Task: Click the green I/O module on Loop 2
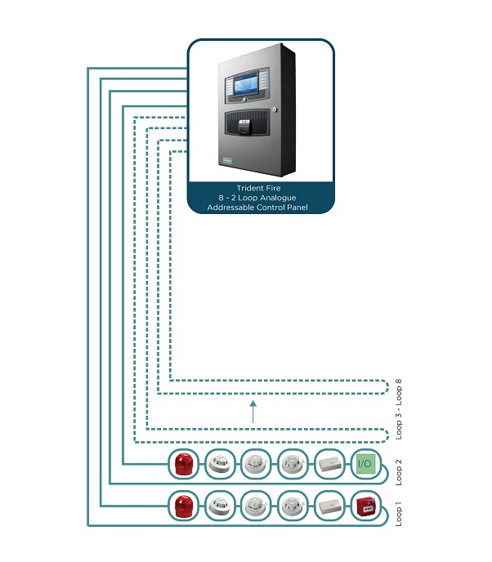pyautogui.click(x=365, y=464)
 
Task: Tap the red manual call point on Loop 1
pyautogui.click(x=365, y=506)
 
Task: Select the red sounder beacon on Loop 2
pyautogui.click(x=181, y=464)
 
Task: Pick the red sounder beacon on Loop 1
pyautogui.click(x=181, y=506)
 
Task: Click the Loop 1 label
pyautogui.click(x=399, y=511)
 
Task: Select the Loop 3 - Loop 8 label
pyautogui.click(x=399, y=409)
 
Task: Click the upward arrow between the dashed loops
pyautogui.click(x=253, y=413)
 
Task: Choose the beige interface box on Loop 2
pyautogui.click(x=328, y=464)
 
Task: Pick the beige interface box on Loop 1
pyautogui.click(x=328, y=506)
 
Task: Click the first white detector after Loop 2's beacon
pyautogui.click(x=218, y=464)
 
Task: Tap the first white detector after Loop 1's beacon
pyautogui.click(x=218, y=506)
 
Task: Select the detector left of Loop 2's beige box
pyautogui.click(x=291, y=464)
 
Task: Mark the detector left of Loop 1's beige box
pyautogui.click(x=291, y=506)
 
